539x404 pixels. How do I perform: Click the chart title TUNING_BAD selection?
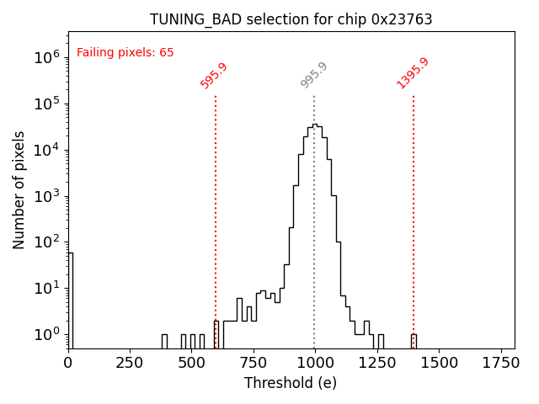[x=291, y=19]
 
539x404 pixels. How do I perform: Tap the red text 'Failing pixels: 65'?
[x=125, y=52]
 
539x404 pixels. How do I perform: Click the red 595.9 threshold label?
[x=214, y=75]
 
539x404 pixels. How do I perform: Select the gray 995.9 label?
[x=314, y=75]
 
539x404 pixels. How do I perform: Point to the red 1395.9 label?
[x=413, y=73]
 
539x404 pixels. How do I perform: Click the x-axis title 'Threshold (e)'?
[x=291, y=383]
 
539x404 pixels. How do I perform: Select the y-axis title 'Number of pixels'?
[x=19, y=190]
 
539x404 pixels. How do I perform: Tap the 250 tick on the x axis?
[x=130, y=363]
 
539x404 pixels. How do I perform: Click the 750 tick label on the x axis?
[x=253, y=363]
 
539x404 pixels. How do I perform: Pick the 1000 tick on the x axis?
[x=314, y=363]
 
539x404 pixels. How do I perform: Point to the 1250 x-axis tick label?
[x=376, y=363]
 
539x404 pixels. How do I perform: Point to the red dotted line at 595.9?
[x=216, y=210]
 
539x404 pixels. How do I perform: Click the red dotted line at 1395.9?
[x=414, y=210]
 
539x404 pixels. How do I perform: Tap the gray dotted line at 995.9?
[x=314, y=109]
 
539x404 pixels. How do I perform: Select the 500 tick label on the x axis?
[x=191, y=363]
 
